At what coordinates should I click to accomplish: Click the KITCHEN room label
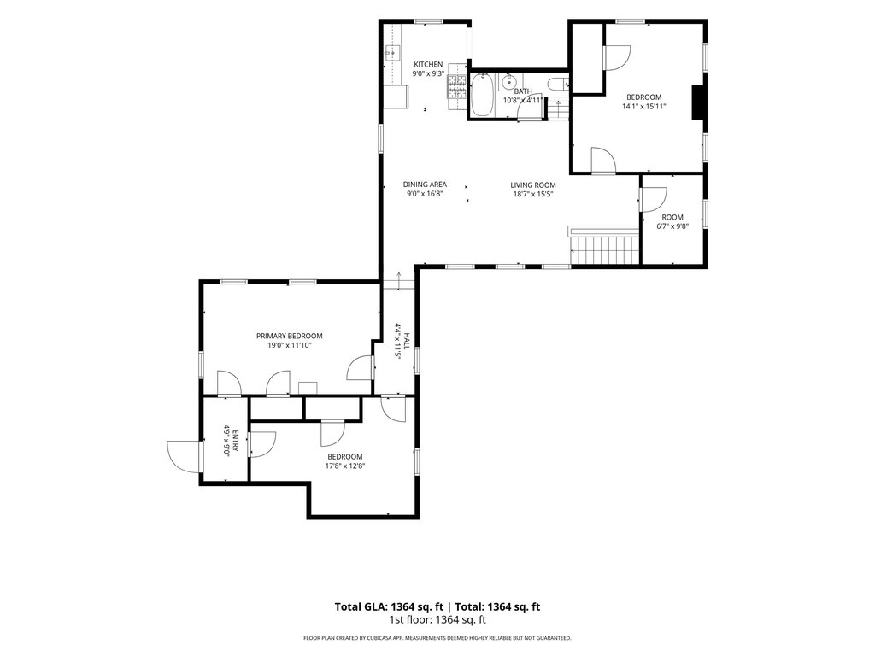click(428, 65)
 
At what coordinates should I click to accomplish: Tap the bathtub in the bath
click(482, 95)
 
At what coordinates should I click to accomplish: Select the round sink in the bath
click(508, 83)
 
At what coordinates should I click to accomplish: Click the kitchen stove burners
click(456, 88)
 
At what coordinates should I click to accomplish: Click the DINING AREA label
click(425, 184)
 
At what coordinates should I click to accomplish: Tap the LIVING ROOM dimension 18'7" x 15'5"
click(533, 194)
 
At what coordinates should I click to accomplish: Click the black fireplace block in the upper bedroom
click(697, 102)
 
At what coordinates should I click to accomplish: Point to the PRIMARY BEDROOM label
click(289, 336)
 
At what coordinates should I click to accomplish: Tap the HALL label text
click(408, 341)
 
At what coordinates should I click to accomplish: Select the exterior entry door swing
click(183, 457)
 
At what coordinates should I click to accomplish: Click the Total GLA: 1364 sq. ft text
click(389, 607)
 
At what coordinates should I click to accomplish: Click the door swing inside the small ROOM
click(654, 199)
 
